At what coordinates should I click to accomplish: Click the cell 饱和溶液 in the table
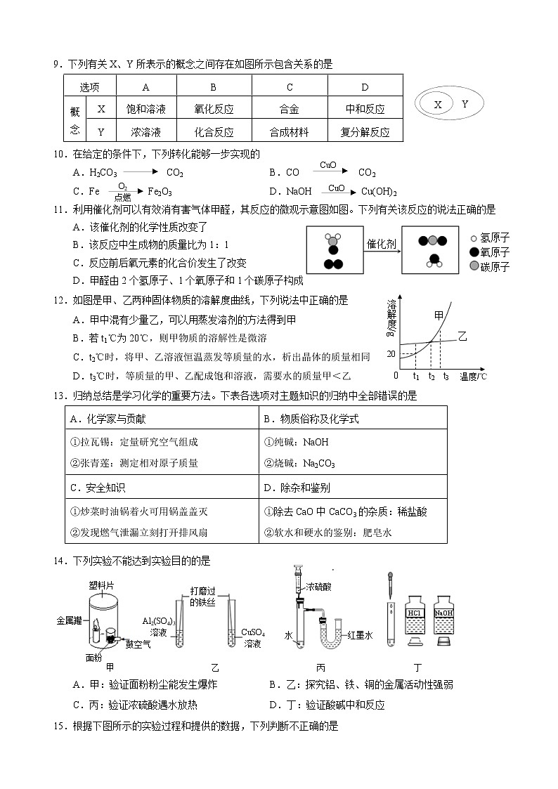(x=145, y=109)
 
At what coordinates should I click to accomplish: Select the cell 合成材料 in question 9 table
(x=289, y=131)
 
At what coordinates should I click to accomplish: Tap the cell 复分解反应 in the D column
(x=365, y=131)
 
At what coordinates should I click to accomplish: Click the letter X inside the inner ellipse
(x=438, y=105)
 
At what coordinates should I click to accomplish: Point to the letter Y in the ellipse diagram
(x=465, y=104)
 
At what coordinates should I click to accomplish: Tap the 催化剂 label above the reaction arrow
(x=382, y=244)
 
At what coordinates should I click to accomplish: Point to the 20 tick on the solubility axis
(x=391, y=353)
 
